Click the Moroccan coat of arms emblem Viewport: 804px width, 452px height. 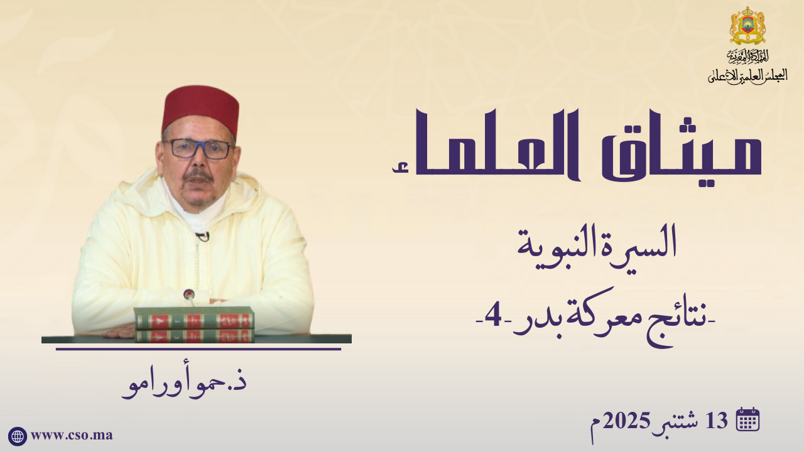[747, 26]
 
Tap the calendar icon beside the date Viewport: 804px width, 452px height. [747, 419]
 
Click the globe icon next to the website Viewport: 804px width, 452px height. [17, 436]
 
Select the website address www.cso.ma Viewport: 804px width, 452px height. [72, 436]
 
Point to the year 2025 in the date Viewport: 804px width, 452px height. [626, 421]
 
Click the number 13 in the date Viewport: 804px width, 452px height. [717, 421]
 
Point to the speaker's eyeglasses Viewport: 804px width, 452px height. [198, 149]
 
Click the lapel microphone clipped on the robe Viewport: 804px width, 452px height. [203, 236]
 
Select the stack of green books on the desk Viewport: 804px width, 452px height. [195, 325]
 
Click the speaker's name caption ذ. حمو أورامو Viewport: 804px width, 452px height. [185, 385]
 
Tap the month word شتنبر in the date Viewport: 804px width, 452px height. [678, 423]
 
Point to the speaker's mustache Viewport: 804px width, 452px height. [199, 176]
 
